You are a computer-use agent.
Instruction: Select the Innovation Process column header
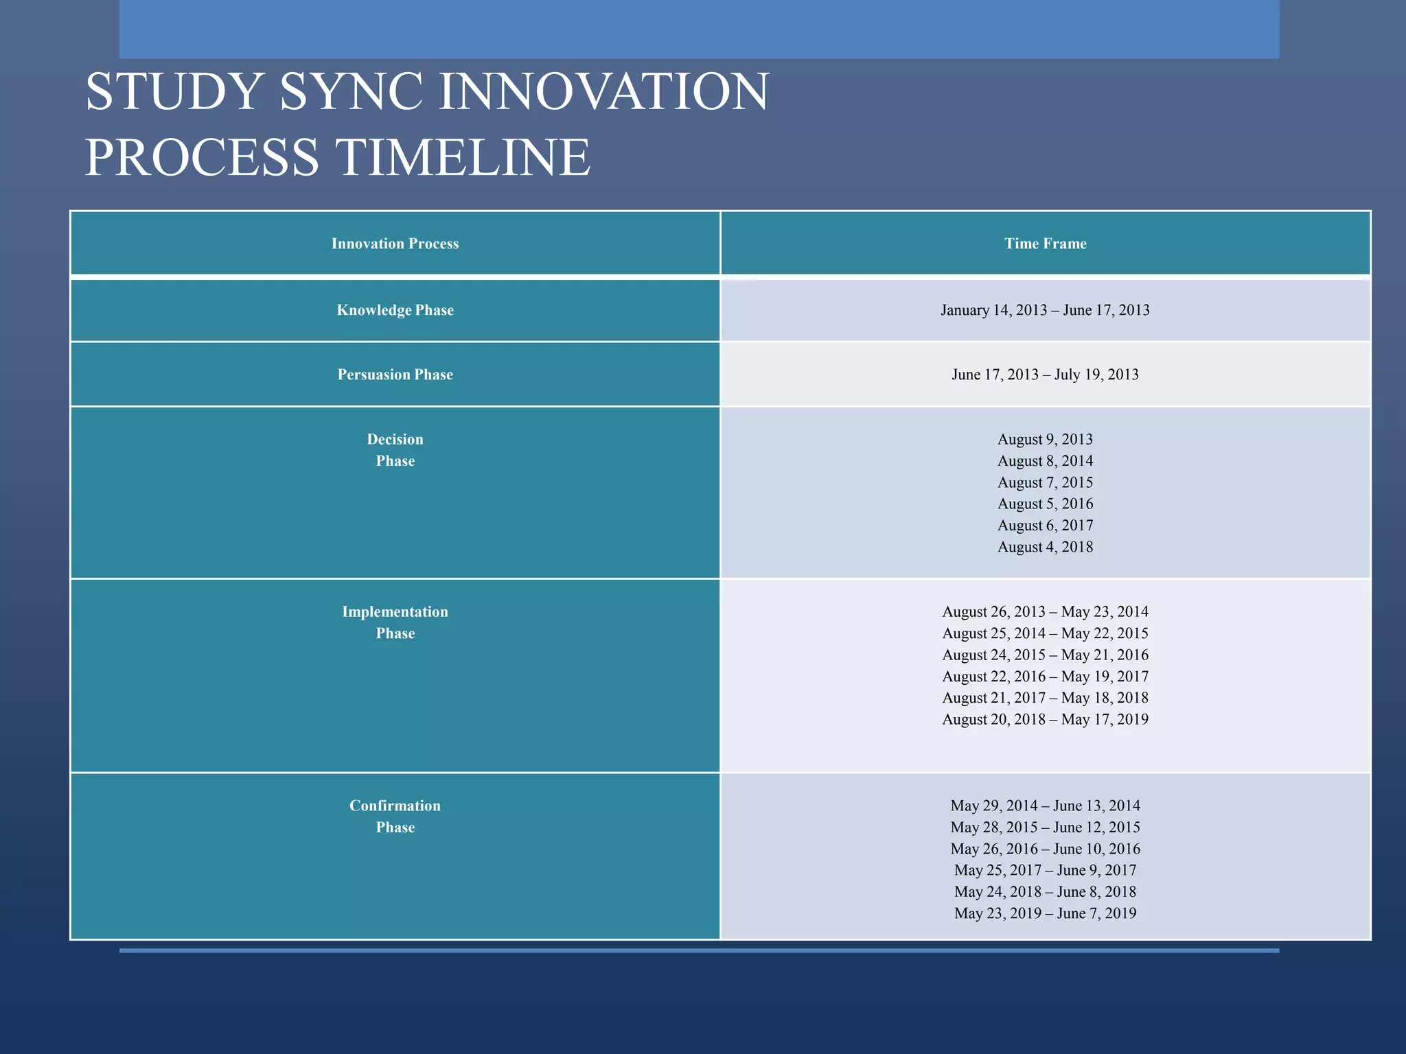[395, 244]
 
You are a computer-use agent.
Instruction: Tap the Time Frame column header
[1045, 244]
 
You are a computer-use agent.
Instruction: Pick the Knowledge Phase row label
[395, 310]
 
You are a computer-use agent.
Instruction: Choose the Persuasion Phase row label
[395, 375]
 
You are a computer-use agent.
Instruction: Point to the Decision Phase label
[395, 450]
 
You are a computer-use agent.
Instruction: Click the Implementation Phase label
[395, 622]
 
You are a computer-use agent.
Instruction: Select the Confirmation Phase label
[395, 817]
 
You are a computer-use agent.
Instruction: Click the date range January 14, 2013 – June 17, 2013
[1045, 310]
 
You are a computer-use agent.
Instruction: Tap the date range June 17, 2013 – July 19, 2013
[1045, 375]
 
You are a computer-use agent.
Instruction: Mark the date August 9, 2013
[1045, 439]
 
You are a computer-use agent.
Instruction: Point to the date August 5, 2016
[1045, 504]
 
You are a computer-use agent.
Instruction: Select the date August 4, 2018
[1045, 547]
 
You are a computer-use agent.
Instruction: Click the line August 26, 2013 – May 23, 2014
[1045, 611]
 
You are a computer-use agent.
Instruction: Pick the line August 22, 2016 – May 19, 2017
[1045, 677]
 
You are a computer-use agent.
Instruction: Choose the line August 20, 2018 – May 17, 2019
[1045, 719]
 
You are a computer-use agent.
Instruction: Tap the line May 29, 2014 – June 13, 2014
[1045, 806]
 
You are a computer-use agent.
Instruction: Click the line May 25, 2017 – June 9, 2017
[1045, 870]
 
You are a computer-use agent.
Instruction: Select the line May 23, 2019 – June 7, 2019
[1045, 913]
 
